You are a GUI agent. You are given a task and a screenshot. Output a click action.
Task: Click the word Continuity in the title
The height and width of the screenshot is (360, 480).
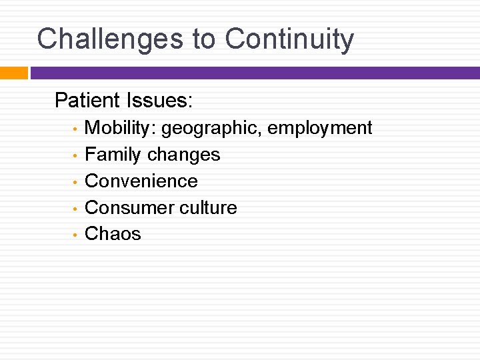[x=289, y=39]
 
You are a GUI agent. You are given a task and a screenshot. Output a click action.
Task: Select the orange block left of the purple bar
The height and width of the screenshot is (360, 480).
[x=13, y=73]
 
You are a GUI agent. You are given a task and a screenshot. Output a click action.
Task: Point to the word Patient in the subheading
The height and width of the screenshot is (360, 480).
[x=85, y=101]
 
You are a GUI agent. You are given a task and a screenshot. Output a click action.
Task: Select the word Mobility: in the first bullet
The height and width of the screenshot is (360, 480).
[x=121, y=128]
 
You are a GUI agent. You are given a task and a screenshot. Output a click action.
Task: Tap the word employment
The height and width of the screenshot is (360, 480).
[x=320, y=128]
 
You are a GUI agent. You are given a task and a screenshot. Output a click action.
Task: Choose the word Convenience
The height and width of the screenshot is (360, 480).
[x=141, y=181]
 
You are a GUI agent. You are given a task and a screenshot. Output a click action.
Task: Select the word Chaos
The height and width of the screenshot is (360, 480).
[x=113, y=234]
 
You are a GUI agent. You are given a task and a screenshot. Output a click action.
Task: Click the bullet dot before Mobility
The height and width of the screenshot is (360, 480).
[x=76, y=129]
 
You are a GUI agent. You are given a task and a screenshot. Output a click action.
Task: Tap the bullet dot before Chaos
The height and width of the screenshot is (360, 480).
[x=76, y=235]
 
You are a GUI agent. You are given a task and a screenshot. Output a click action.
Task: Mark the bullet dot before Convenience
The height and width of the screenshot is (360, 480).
[x=76, y=182]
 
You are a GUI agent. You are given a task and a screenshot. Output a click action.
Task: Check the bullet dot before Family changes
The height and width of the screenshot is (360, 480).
[x=76, y=155]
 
